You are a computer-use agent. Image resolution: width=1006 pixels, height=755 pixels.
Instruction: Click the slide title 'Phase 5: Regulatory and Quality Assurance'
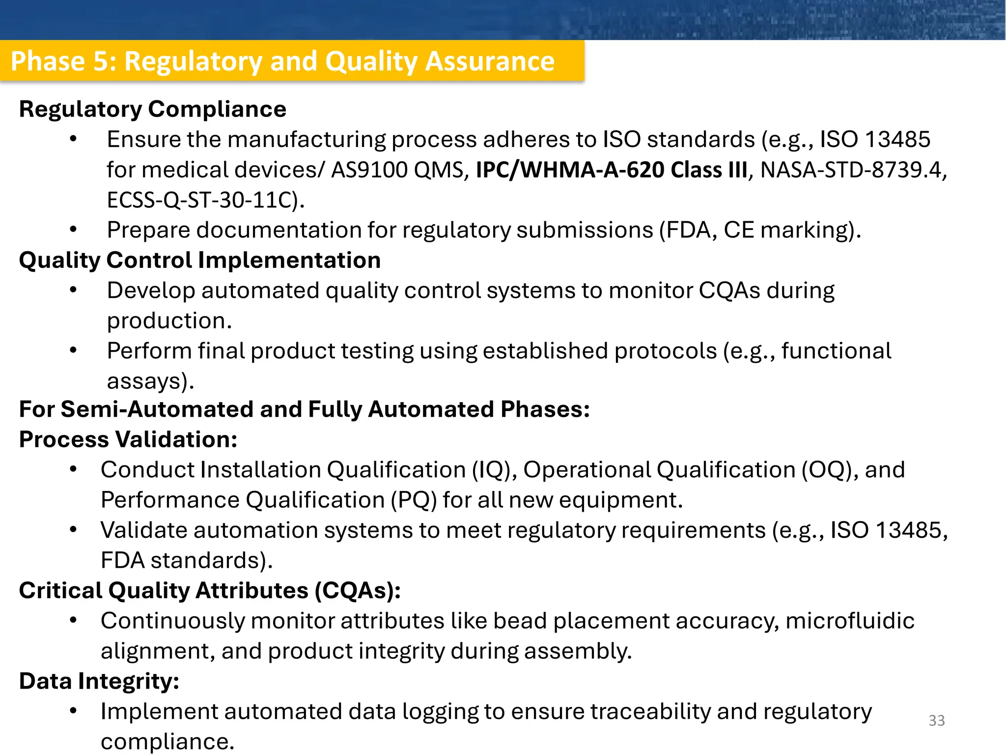click(282, 61)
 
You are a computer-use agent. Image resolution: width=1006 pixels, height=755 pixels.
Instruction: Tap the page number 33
click(936, 721)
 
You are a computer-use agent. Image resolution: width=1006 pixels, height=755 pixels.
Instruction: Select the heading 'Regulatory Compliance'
click(152, 109)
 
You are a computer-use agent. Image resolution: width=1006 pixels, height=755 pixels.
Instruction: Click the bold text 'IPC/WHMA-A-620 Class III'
click(612, 170)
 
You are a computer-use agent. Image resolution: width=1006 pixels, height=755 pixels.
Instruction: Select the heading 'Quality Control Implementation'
click(199, 260)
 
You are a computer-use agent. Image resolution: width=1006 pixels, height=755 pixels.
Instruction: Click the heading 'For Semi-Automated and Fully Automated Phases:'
click(304, 409)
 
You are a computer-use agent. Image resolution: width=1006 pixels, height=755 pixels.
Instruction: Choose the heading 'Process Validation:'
click(128, 439)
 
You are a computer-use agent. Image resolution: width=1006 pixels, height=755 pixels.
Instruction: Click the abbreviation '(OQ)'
click(826, 470)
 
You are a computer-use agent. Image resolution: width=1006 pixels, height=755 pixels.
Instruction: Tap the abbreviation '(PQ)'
click(414, 500)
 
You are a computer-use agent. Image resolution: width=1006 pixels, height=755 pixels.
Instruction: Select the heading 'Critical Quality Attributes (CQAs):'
click(210, 590)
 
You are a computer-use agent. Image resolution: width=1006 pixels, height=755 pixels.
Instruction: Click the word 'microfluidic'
click(850, 621)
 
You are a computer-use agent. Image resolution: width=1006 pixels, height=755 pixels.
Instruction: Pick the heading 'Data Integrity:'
click(99, 681)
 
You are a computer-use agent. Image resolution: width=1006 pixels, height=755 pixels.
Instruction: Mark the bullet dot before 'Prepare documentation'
click(73, 229)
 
